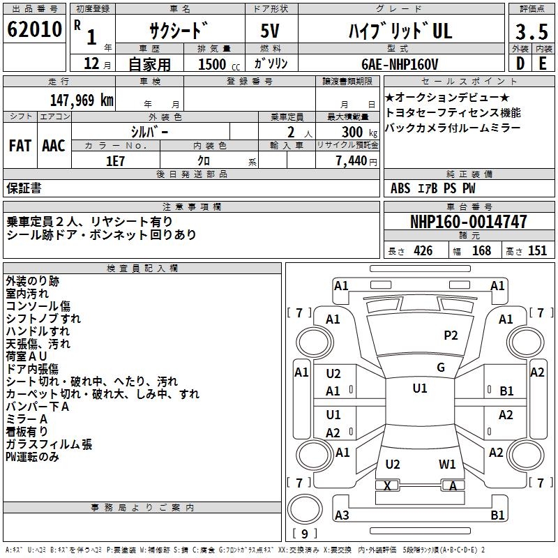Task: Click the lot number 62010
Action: pos(33,31)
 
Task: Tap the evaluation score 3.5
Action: pos(531,33)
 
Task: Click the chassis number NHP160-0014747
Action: pos(468,222)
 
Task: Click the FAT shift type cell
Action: pos(20,146)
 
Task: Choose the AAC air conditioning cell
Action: pos(54,146)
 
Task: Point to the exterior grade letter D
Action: pos(520,63)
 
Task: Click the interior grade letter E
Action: pos(542,63)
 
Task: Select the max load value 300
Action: pos(352,131)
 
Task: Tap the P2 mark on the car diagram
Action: pos(451,335)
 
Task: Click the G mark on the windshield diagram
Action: pos(440,368)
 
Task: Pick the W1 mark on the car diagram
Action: pos(447,464)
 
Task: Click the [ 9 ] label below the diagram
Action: pos(304,534)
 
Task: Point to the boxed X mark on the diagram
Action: pos(387,485)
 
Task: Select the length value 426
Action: pos(423,251)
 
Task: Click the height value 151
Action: pos(537,251)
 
